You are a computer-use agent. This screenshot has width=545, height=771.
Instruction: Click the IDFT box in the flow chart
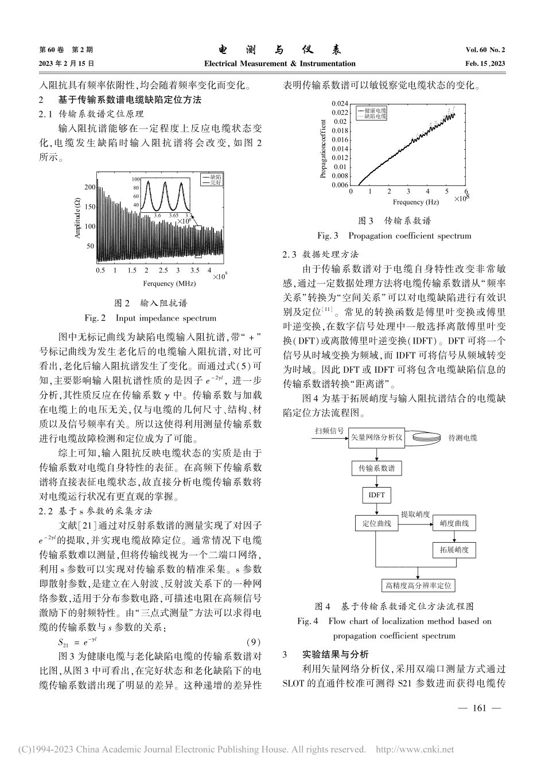pos(376,495)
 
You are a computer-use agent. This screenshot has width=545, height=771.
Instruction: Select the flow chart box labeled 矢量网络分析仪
pos(376,438)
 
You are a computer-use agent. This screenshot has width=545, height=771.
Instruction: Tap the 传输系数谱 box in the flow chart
pos(376,468)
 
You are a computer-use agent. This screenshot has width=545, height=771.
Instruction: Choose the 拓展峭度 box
pos(454,550)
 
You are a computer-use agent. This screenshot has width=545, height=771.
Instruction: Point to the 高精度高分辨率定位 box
pos(418,585)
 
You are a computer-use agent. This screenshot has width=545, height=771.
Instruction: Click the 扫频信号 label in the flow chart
pos(328,430)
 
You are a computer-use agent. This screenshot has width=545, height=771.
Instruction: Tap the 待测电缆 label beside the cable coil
pos(462,438)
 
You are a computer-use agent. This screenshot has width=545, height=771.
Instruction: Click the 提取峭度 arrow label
pos(415,514)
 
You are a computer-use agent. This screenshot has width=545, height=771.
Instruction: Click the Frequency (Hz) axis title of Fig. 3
pos(415,202)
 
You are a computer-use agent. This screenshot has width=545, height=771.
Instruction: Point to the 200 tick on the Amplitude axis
pos(89,187)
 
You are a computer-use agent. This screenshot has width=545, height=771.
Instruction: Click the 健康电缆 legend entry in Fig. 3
pos(375,109)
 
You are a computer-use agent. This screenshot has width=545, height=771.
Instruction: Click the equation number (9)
pos(253,641)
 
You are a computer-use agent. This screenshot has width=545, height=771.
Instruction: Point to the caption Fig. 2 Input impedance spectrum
pos(150,317)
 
